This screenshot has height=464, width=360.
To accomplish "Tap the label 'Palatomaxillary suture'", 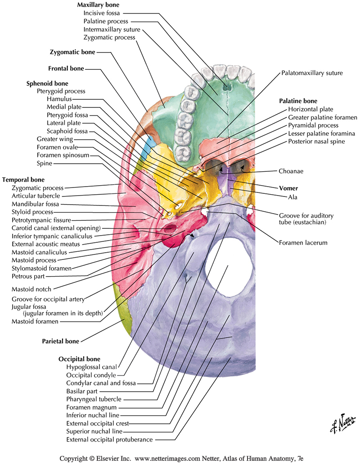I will tap(312, 72).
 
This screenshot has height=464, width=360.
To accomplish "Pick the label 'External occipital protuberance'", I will tap(109, 439).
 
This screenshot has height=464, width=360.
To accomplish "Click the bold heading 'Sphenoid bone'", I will tap(47, 84).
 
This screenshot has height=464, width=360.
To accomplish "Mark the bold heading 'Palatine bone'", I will tap(298, 101).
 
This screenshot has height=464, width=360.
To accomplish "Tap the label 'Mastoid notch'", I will tap(31, 289).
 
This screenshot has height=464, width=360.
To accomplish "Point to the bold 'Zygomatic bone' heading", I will tap(72, 52).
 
